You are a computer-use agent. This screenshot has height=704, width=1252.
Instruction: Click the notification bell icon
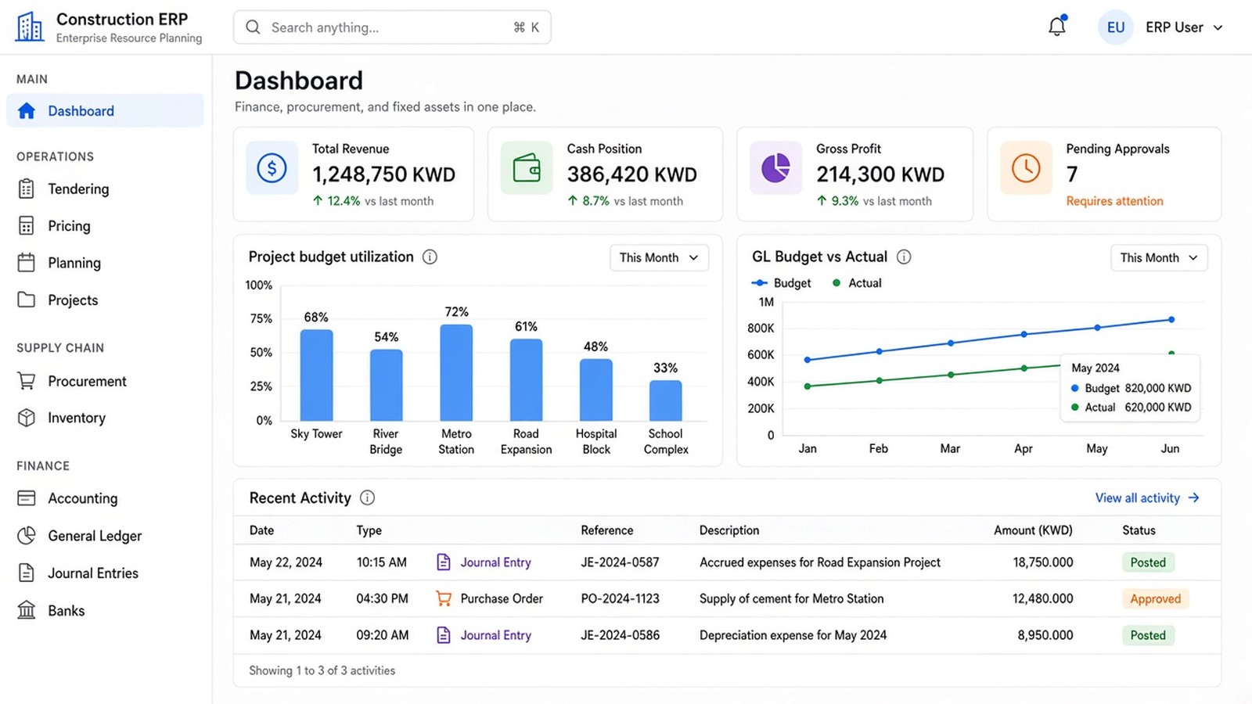pos(1057,26)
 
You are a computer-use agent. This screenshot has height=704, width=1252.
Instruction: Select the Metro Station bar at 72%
pos(456,372)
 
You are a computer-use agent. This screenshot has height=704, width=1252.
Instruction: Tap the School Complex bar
pos(665,400)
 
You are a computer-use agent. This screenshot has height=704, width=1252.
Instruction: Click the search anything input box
pos(392,27)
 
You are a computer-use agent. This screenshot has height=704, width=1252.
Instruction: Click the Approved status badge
pos(1155,598)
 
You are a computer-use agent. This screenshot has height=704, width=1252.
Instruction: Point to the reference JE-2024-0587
pos(620,562)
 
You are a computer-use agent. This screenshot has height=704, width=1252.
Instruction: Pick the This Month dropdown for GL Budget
pos(1159,257)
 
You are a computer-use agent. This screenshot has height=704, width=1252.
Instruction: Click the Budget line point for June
pos(1171,320)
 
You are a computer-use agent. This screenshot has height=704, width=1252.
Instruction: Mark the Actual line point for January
pos(807,386)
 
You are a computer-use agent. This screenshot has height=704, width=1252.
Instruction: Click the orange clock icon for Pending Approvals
pos(1026,167)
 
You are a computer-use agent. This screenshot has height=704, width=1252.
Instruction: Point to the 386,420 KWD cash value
pos(632,174)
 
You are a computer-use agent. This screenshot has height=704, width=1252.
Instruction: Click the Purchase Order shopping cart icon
pos(443,598)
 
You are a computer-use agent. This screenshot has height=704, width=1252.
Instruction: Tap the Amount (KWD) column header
pos(1033,530)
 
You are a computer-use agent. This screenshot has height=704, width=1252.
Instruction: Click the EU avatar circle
pos(1116,27)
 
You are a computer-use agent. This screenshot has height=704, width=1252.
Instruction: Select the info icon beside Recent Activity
pos(367,497)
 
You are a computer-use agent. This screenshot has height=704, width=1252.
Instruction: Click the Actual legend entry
pos(857,282)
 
